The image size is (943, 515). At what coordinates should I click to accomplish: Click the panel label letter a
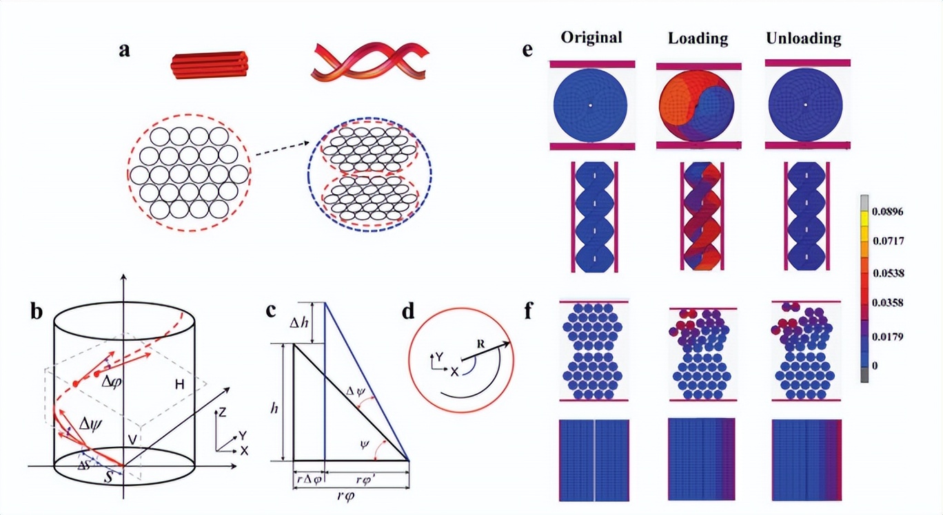click(124, 52)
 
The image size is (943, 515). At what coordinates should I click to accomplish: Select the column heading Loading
click(698, 38)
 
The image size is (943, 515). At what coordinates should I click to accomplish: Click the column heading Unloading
click(803, 38)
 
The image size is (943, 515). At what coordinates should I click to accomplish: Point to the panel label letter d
click(408, 311)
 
